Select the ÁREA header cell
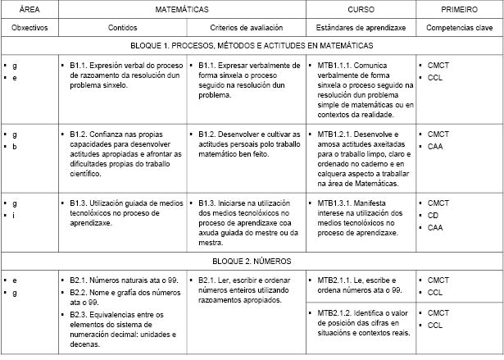click(x=31, y=9)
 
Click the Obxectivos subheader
click(x=30, y=27)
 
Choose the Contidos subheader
click(x=122, y=27)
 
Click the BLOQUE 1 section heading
click(x=252, y=47)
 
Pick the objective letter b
click(x=15, y=147)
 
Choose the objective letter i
click(x=15, y=216)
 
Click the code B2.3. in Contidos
click(x=79, y=314)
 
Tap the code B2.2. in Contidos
click(x=79, y=292)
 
